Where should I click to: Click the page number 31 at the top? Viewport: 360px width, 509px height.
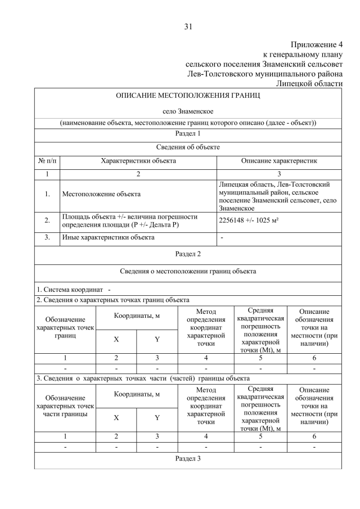pos(188,26)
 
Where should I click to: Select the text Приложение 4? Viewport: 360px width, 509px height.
pos(316,44)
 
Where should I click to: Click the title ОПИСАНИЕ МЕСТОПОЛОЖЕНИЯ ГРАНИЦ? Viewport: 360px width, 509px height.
pos(188,96)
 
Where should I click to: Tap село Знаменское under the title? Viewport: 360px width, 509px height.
pos(188,111)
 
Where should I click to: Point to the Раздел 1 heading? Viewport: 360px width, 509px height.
pos(188,134)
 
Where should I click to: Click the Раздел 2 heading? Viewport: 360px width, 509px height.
pos(188,254)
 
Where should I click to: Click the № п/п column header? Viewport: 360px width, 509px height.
pos(47,161)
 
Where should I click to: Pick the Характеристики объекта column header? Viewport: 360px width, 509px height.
pos(138,161)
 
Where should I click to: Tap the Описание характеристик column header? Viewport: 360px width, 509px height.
pos(279,161)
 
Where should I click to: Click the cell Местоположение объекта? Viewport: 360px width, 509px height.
pos(101,195)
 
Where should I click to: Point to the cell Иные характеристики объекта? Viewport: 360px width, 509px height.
pos(107,238)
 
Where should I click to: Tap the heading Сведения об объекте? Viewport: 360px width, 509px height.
pos(188,147)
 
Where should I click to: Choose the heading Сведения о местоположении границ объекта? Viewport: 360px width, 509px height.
pos(188,271)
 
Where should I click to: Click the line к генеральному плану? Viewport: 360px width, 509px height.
pos(303,55)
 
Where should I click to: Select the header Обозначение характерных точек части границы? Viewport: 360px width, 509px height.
pos(65,406)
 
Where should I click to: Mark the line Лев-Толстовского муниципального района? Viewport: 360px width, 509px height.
pos(265,74)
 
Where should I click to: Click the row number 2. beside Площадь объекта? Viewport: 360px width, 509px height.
pos(47,221)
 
